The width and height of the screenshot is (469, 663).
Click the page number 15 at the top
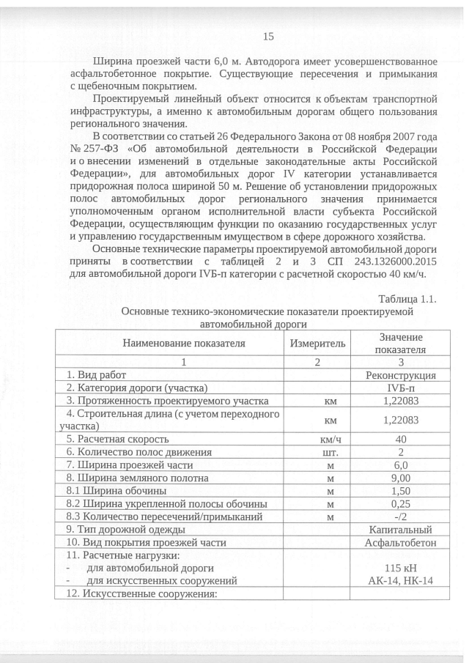coord(267,37)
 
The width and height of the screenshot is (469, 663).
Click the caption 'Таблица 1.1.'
coord(407,299)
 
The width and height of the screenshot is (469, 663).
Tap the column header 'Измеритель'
coord(317,342)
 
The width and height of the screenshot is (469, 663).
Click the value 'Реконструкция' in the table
coord(401,374)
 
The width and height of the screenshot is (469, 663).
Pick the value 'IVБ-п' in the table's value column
coord(401,387)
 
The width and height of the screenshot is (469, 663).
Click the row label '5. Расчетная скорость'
coord(117,439)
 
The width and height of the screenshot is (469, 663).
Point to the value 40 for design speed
coord(401,439)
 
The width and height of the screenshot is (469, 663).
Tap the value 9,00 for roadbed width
coord(401,478)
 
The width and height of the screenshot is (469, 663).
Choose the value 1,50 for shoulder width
coord(401,490)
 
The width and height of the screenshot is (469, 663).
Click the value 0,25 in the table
coord(401,503)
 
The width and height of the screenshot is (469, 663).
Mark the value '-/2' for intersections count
coord(401,516)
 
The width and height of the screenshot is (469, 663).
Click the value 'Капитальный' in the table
coord(401,530)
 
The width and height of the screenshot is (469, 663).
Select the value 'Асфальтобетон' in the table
coord(401,543)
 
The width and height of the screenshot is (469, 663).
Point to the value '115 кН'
coord(401,568)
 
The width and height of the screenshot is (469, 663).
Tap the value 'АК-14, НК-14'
coord(401,580)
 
